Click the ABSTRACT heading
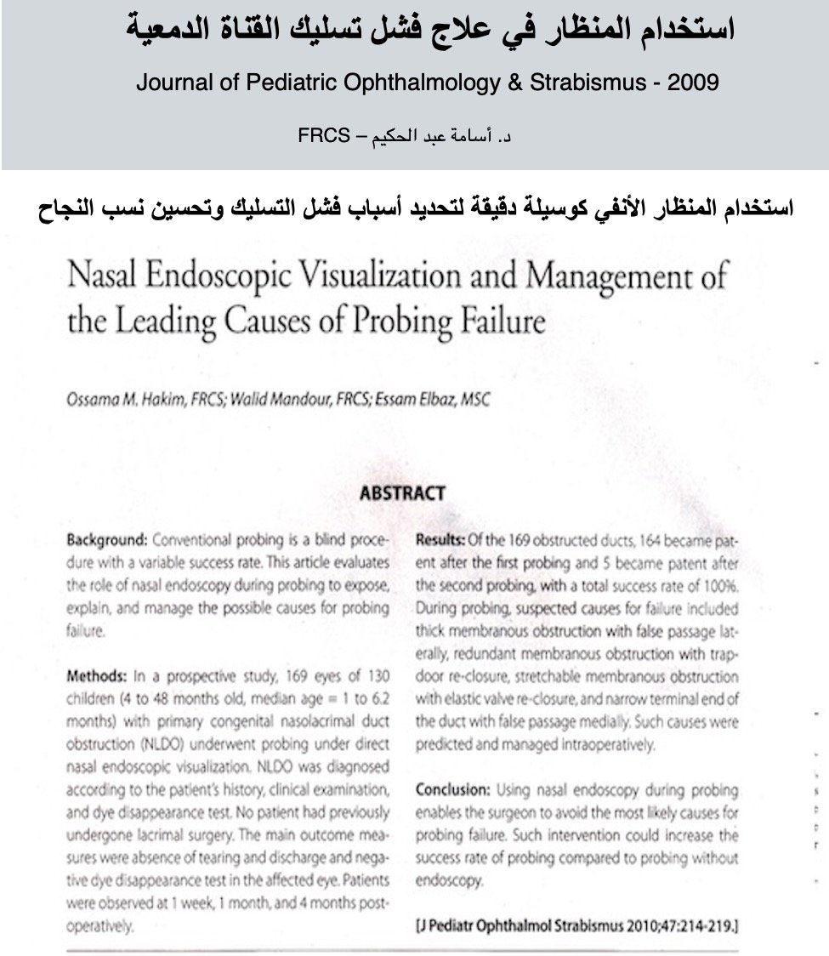[x=402, y=493]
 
